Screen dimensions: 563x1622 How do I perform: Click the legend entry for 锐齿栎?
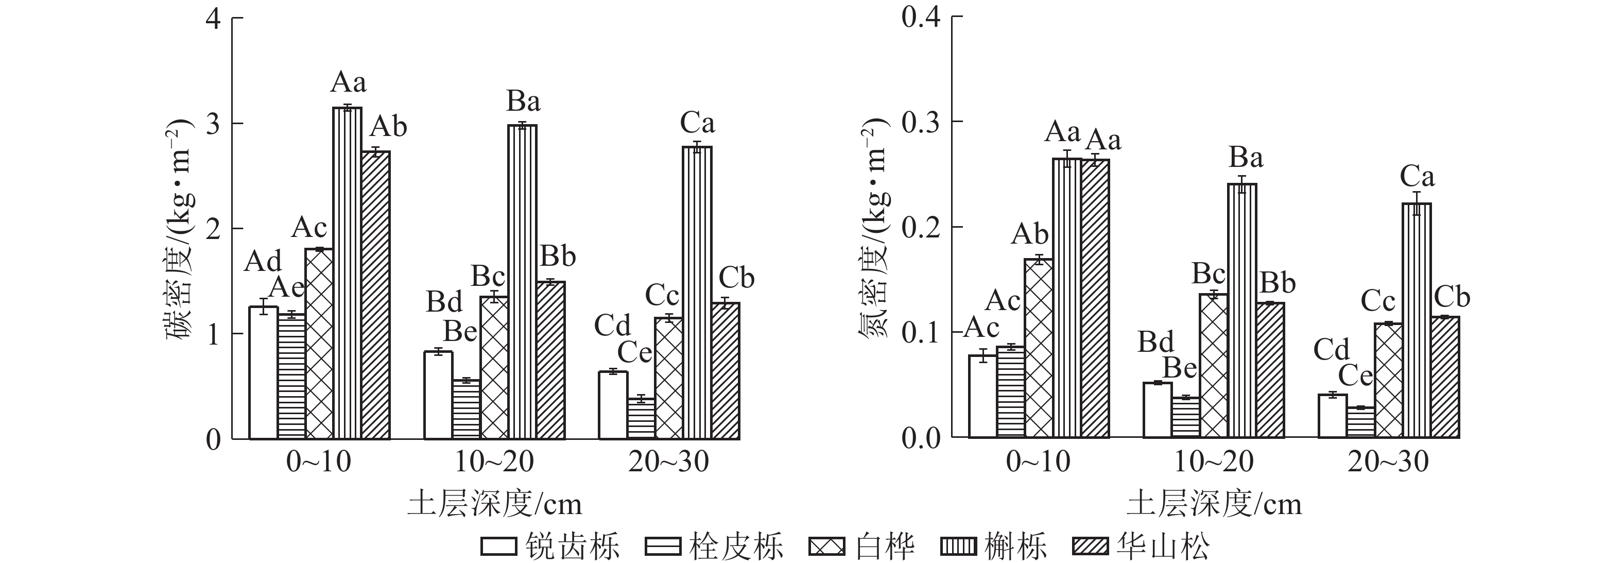(551, 545)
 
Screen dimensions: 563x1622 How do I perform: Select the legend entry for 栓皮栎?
(715, 545)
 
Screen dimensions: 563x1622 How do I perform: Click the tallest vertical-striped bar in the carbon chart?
(348, 274)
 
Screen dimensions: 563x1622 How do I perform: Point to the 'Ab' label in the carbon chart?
(388, 127)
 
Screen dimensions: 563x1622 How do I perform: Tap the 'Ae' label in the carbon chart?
(287, 288)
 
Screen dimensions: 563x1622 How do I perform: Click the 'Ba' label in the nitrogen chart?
(1246, 158)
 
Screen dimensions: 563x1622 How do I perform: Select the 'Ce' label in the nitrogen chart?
(1355, 377)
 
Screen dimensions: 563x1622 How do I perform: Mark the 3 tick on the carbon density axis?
(214, 124)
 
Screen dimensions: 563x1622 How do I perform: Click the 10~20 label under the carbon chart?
(494, 462)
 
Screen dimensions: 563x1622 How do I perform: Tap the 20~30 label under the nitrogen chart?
(1388, 462)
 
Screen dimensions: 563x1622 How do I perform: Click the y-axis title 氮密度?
(874, 230)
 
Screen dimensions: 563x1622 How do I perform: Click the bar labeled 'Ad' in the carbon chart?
(263, 373)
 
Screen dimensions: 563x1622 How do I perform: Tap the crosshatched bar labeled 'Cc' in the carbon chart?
(669, 379)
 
